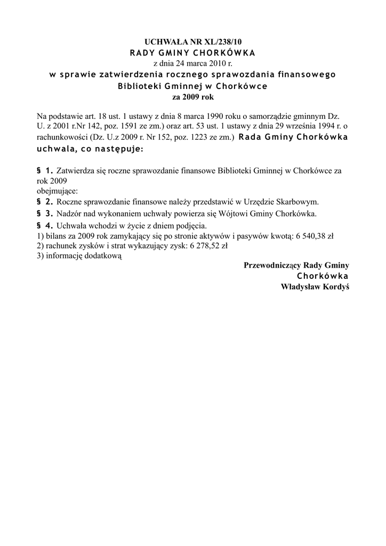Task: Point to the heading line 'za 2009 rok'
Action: click(x=192, y=98)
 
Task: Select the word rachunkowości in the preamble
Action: click(x=61, y=138)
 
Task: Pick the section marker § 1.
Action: click(x=45, y=171)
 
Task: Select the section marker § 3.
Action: click(x=45, y=213)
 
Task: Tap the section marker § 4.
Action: click(x=45, y=225)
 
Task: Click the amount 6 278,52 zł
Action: click(x=208, y=246)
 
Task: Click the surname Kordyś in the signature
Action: click(x=335, y=286)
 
